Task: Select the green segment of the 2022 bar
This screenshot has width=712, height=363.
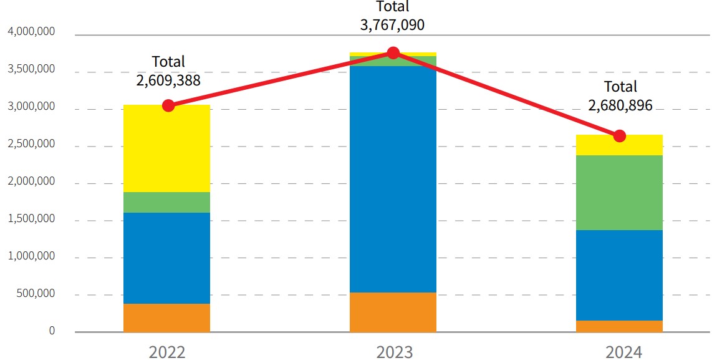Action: coord(166,202)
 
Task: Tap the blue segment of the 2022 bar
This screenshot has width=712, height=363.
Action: coord(166,258)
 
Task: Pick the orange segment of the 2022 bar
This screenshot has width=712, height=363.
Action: coord(166,317)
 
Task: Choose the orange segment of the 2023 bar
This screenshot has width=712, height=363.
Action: coord(393,312)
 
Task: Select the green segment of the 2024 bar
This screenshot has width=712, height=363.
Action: coord(619,193)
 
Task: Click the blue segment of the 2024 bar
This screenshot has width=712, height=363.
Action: coord(619,275)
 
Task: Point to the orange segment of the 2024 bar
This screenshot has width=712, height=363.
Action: coord(619,326)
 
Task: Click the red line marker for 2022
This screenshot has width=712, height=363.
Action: coord(168,105)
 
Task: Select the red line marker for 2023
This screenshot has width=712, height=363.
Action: coord(393,52)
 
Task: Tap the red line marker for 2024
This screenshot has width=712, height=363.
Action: coord(619,136)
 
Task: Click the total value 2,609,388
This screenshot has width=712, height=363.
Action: coord(168,80)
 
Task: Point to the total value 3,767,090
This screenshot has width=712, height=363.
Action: coord(393,26)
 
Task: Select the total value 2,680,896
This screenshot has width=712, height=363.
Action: coord(620,105)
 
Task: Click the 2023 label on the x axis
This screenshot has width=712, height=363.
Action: coord(394,352)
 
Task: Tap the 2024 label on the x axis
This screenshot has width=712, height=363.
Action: coord(623,352)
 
